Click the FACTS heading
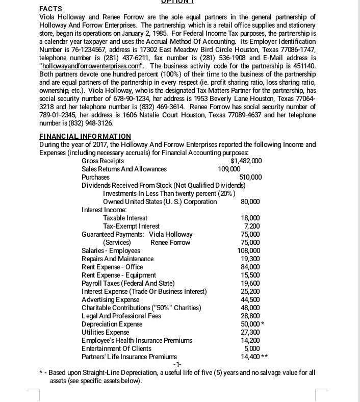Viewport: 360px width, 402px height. coord(50,9)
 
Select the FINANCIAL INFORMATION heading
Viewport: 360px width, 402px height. coord(85,136)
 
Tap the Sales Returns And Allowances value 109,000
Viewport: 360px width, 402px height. coord(228,169)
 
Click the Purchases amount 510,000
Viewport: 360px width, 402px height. coord(250,177)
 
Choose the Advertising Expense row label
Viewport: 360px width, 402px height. coord(110,299)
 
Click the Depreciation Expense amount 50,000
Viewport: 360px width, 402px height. coord(249,324)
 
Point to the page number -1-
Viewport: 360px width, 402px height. coord(177,365)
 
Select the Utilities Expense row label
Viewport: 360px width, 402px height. coord(106,332)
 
